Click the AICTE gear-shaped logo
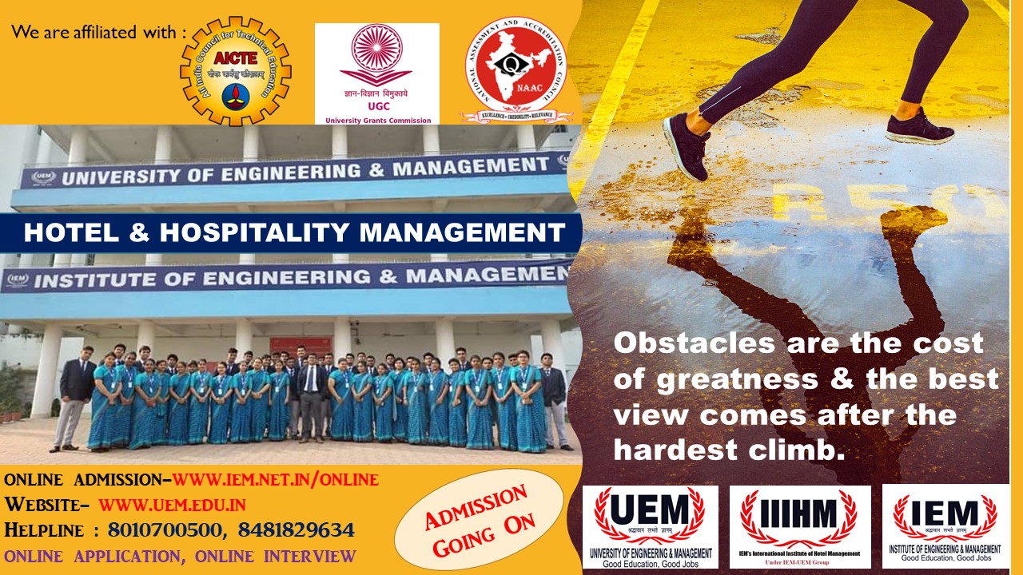coord(235,71)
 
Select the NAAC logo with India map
coord(516,69)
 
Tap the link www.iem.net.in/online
coord(276,480)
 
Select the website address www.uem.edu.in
coord(172,505)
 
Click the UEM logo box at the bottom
coord(650,526)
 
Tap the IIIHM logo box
coord(800,526)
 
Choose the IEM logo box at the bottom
coord(945,526)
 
